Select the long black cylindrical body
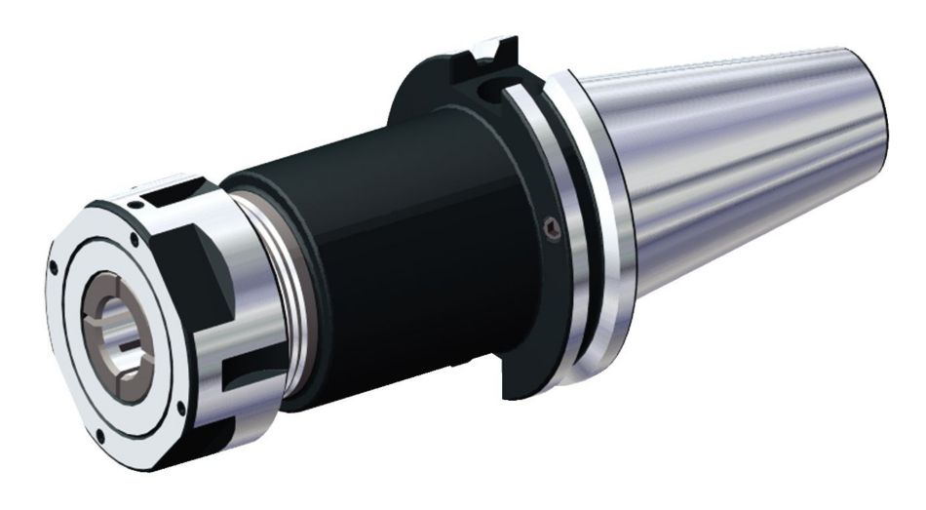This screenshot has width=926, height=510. click(390, 244)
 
